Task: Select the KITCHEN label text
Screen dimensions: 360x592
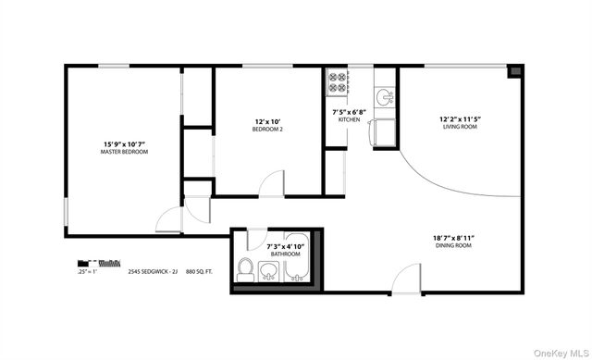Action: click(x=349, y=120)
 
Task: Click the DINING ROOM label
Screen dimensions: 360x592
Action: click(x=453, y=245)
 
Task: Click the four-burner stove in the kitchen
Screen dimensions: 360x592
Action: click(x=337, y=83)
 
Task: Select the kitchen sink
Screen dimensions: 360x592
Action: click(x=382, y=95)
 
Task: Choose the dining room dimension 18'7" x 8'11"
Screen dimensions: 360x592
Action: click(x=453, y=237)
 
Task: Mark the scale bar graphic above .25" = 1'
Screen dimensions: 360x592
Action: click(x=98, y=263)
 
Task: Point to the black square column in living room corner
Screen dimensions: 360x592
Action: click(x=515, y=70)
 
